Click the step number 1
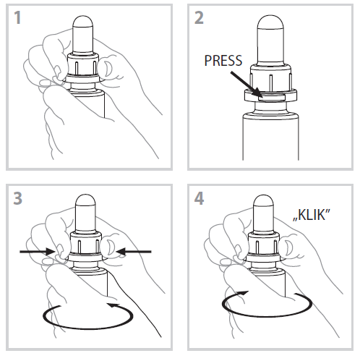[17, 17]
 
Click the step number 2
[199, 17]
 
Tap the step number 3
[18, 198]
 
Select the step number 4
[200, 198]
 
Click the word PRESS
[223, 61]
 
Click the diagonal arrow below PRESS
[246, 84]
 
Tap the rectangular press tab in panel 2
[272, 98]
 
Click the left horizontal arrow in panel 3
[38, 252]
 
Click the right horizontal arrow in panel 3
[134, 252]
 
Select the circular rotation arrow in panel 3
[88, 328]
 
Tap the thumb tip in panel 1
[106, 68]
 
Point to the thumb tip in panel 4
[286, 247]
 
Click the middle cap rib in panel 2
[271, 83]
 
